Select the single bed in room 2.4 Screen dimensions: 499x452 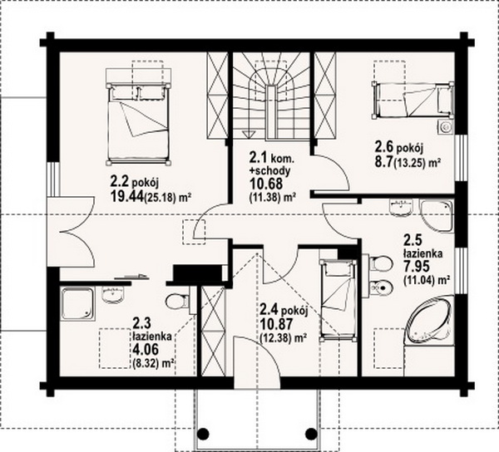(x=338, y=301)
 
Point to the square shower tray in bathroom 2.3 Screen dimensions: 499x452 (x=77, y=303)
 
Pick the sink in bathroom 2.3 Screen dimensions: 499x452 (x=113, y=295)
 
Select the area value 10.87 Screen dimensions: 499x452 (x=276, y=324)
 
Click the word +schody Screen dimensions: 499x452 (x=269, y=171)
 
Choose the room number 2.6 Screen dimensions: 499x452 (x=383, y=148)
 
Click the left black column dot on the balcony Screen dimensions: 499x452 (x=204, y=433)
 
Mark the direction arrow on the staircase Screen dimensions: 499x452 (x=247, y=134)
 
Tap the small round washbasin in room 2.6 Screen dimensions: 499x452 (x=446, y=127)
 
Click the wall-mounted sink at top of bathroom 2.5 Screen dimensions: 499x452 (x=401, y=207)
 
